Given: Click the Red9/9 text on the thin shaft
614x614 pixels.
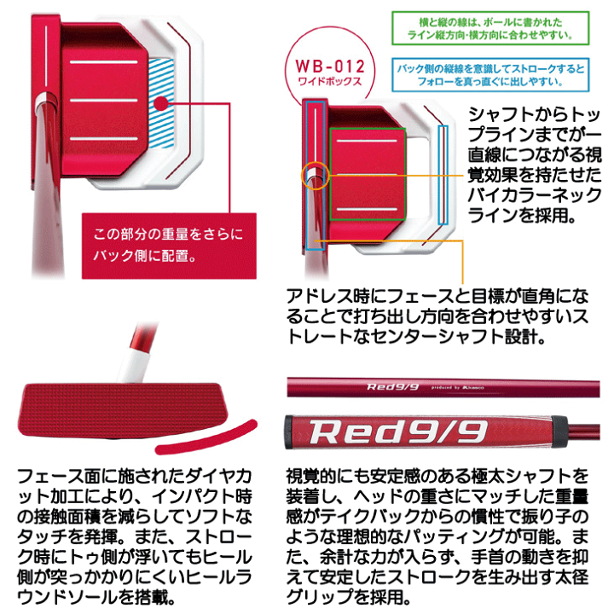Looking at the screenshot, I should (393, 387).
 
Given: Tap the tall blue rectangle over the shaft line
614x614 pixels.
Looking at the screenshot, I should (313, 171).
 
